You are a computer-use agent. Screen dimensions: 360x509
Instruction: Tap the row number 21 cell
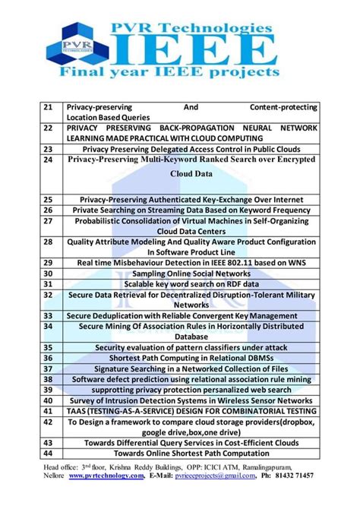coord(47,107)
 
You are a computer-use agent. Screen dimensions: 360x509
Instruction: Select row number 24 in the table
coord(47,160)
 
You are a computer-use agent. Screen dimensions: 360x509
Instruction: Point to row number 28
coord(47,241)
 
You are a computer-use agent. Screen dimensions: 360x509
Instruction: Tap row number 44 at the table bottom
coord(47,453)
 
